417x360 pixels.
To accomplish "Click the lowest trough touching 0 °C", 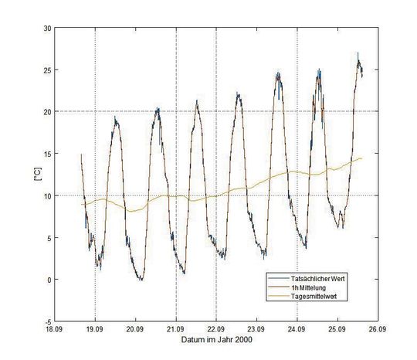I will pos(141,279).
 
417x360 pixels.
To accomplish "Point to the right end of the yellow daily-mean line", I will pos(361,158).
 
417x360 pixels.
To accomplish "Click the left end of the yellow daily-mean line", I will pos(83,205).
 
